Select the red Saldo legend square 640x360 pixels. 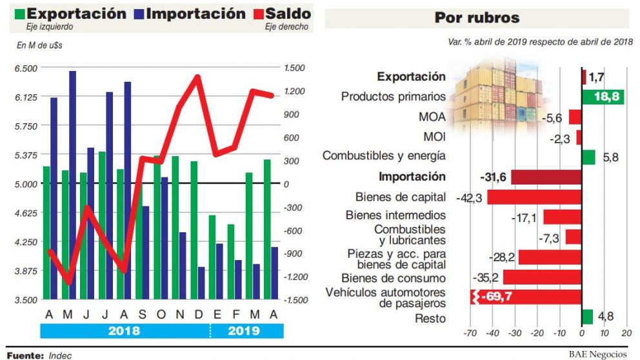(257, 14)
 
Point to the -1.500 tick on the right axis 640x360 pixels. (298, 300)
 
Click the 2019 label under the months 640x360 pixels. (244, 331)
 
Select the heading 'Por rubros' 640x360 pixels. (477, 18)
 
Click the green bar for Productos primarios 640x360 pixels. (603, 97)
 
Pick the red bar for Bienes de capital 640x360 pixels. (534, 197)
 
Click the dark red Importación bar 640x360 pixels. (546, 177)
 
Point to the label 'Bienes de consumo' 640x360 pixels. (394, 278)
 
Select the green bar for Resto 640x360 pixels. (587, 317)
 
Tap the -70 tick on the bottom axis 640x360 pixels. (470, 334)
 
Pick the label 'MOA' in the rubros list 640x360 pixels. (431, 117)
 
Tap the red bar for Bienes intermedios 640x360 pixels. (562, 217)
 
